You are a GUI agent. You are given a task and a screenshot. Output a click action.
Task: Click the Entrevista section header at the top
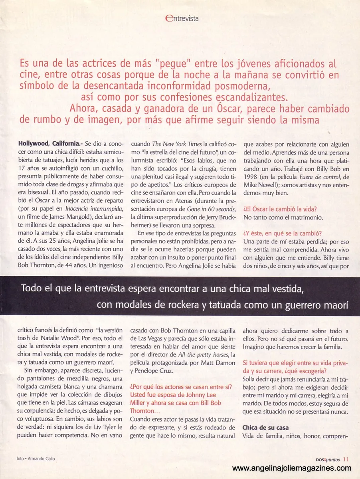click(182, 18)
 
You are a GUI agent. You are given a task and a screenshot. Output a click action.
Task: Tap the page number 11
click(346, 459)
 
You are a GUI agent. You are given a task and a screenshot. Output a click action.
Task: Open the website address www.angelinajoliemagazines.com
click(292, 468)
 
